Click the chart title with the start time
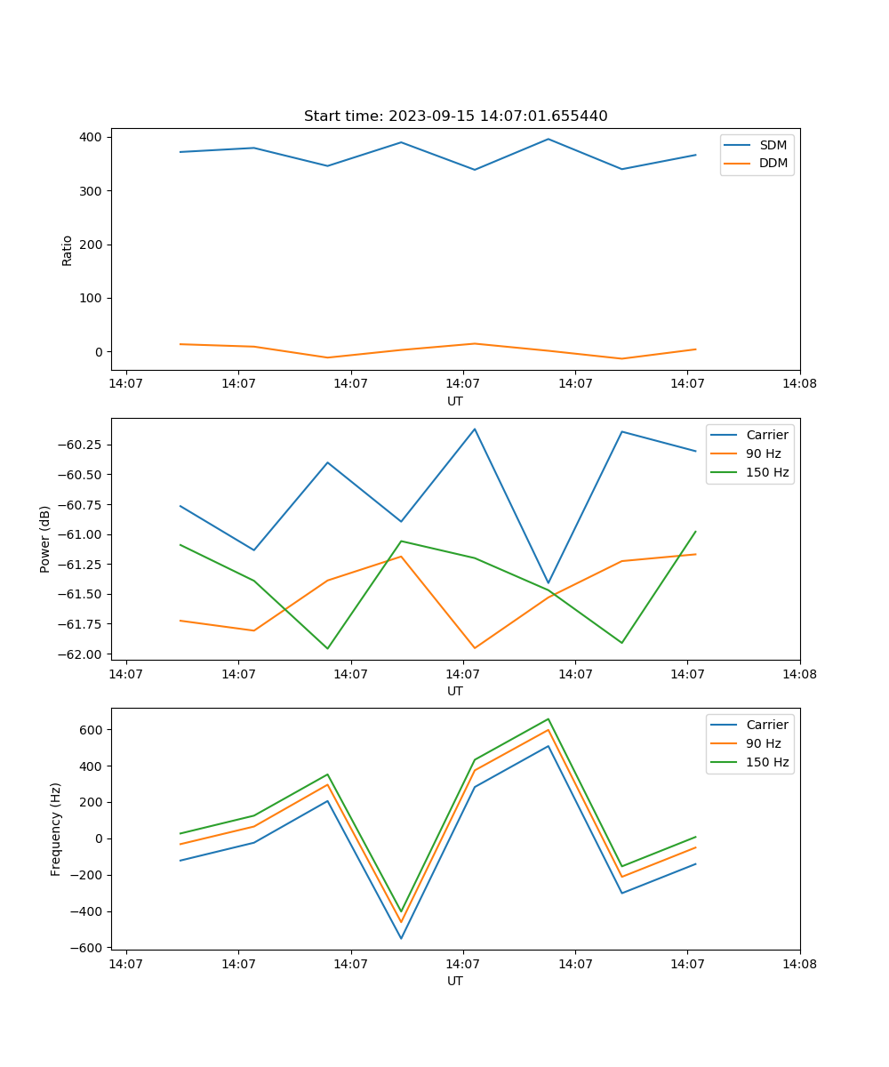click(x=455, y=116)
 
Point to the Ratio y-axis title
click(x=68, y=250)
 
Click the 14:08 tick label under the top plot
click(x=799, y=384)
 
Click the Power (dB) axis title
click(x=45, y=539)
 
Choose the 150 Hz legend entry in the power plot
click(x=767, y=472)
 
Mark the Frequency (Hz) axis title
click(x=56, y=829)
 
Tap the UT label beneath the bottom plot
click(x=455, y=981)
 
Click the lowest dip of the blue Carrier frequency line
click(x=401, y=938)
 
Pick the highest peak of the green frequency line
click(x=549, y=719)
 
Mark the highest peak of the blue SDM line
click(x=549, y=139)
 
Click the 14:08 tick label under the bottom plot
click(x=799, y=964)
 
